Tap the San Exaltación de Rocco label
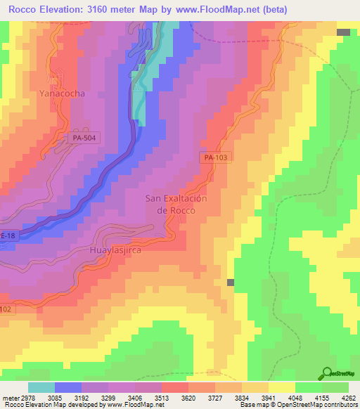[176, 204]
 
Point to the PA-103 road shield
[217, 158]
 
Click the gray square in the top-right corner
[343, 32]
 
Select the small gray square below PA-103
[231, 282]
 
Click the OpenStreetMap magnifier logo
[327, 374]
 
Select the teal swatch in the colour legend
[41, 387]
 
